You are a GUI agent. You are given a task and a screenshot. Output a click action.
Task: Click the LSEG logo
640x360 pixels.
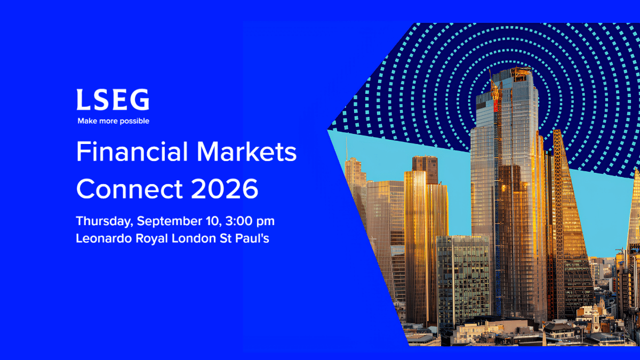click(113, 99)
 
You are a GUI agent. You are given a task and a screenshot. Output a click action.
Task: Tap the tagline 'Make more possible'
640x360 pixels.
click(114, 121)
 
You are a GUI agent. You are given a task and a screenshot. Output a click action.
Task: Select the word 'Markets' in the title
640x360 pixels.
click(247, 151)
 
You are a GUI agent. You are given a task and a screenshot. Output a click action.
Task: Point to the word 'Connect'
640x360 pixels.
click(130, 189)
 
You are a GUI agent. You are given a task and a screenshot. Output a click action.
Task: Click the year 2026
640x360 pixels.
click(225, 189)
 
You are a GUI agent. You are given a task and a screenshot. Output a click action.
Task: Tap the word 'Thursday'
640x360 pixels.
click(105, 222)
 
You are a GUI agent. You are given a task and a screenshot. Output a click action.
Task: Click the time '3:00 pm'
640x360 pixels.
click(250, 221)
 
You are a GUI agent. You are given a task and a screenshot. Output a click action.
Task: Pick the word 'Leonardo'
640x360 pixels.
click(103, 238)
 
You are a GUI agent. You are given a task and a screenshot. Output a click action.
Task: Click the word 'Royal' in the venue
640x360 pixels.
click(151, 239)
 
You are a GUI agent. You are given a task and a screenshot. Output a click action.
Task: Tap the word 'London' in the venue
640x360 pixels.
click(194, 238)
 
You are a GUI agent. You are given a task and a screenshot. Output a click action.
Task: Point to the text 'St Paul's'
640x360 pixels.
click(244, 238)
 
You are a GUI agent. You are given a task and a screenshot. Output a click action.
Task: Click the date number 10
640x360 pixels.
click(213, 221)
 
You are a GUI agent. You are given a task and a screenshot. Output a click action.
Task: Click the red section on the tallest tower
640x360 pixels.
click(496, 107)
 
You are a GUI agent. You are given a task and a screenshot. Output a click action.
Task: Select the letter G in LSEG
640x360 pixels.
click(140, 99)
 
